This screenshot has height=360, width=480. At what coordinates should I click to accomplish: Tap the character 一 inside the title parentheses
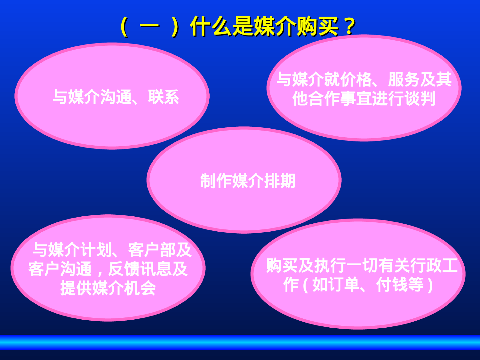point(149,26)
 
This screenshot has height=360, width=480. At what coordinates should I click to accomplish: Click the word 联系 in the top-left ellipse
point(164,97)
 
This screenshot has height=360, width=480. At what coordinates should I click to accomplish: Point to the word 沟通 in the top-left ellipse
point(116,97)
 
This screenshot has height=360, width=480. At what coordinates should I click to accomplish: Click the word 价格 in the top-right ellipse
point(356,79)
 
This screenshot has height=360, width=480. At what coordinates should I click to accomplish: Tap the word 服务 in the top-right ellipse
point(404,79)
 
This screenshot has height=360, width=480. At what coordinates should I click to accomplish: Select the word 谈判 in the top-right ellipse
point(420,98)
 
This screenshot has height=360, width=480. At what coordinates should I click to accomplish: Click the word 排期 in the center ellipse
point(280,181)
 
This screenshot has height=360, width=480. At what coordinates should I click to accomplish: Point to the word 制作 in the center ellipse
point(216,181)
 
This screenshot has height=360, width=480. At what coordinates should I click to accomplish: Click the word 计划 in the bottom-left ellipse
point(96,250)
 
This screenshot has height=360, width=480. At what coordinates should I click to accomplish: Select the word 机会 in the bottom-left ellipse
point(140,288)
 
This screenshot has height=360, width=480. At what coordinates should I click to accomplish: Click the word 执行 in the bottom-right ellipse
point(330,265)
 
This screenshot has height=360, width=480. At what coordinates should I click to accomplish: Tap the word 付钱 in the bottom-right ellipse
point(392,284)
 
